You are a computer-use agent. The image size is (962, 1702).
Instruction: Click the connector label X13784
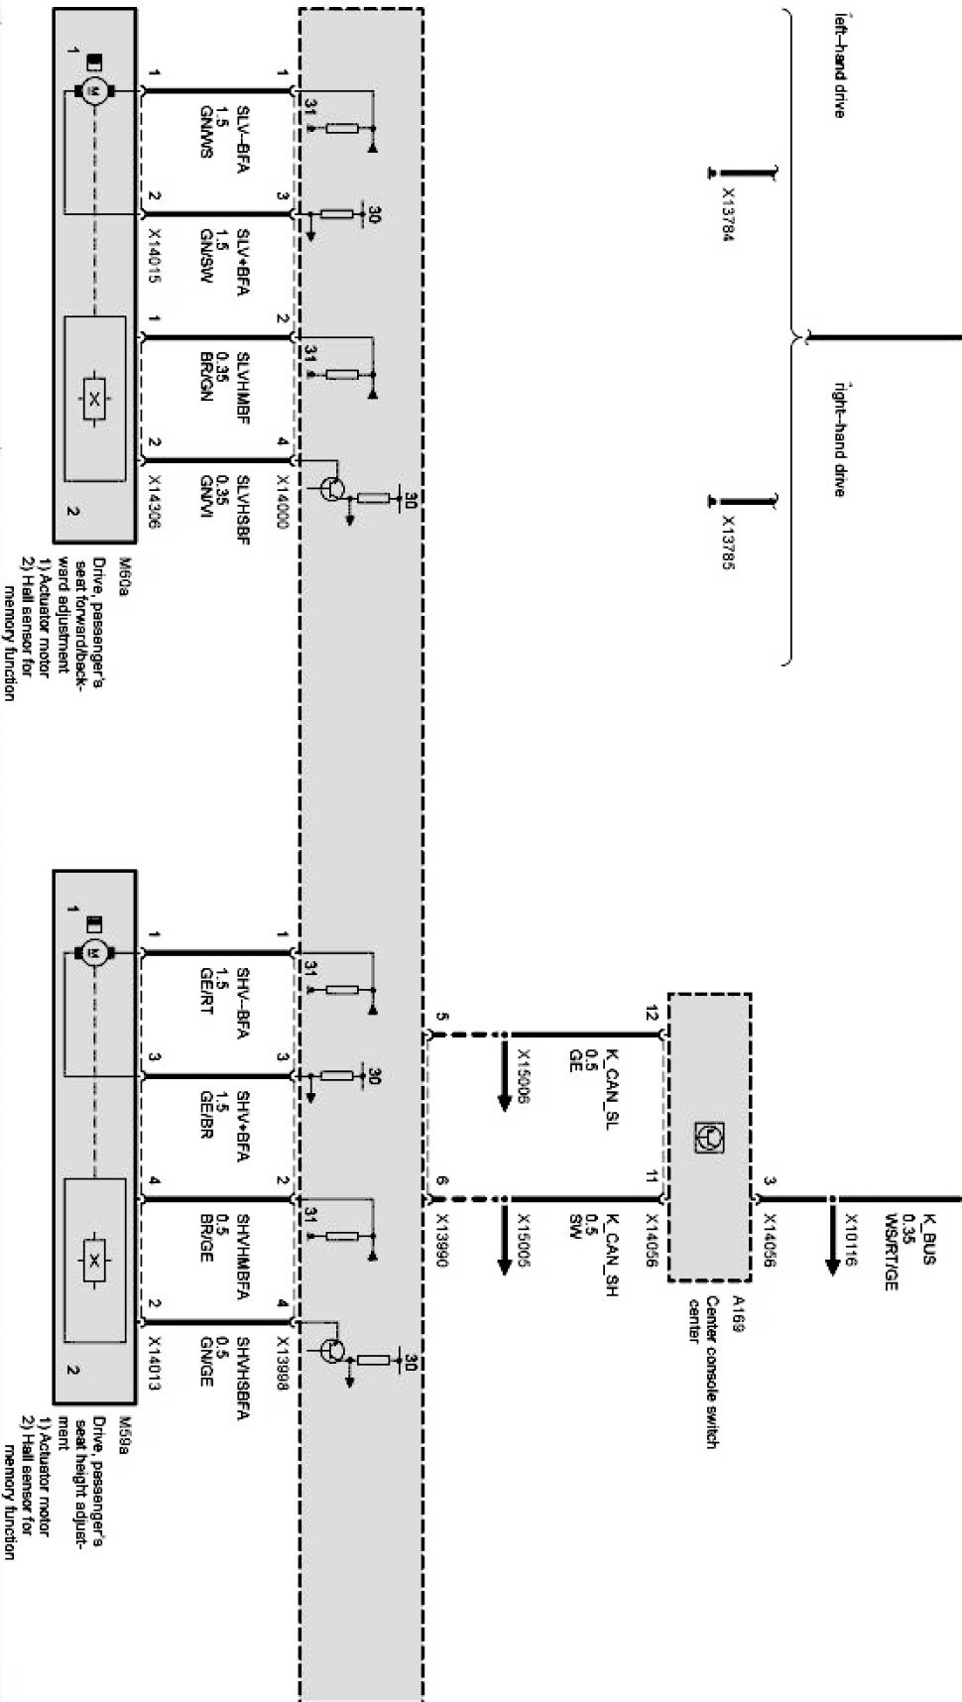click(729, 214)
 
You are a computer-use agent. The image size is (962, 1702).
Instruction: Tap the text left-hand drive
click(839, 65)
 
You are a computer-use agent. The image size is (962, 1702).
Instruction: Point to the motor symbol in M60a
click(94, 92)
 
